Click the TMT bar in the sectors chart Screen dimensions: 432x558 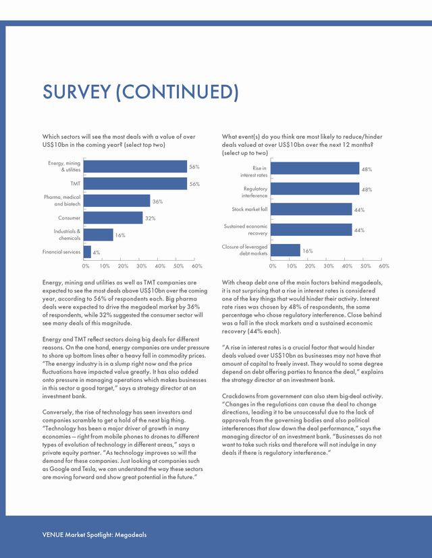tap(135, 183)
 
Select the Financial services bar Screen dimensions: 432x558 tap(87, 252)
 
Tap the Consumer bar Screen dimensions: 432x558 tap(113, 218)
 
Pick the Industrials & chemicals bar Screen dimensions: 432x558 tap(99, 235)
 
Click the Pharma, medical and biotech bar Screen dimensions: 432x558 tap(117, 201)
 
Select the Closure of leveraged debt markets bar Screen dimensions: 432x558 tap(286, 250)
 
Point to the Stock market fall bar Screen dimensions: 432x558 tap(311, 209)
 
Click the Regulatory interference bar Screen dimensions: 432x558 tap(315, 189)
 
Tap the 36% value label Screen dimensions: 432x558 tap(157, 201)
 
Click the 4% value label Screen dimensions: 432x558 tap(97, 253)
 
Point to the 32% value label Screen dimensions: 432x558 tap(150, 218)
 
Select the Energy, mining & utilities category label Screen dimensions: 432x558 tap(64, 166)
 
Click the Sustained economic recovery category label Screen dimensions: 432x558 tap(246, 230)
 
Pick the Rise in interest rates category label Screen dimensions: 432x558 tap(254, 172)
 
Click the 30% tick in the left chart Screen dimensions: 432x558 tap(142, 266)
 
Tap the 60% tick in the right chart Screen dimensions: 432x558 tap(384, 266)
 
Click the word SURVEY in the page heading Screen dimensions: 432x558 tap(77, 92)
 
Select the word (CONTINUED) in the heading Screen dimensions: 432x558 tap(177, 92)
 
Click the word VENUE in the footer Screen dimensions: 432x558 tap(53, 534)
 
